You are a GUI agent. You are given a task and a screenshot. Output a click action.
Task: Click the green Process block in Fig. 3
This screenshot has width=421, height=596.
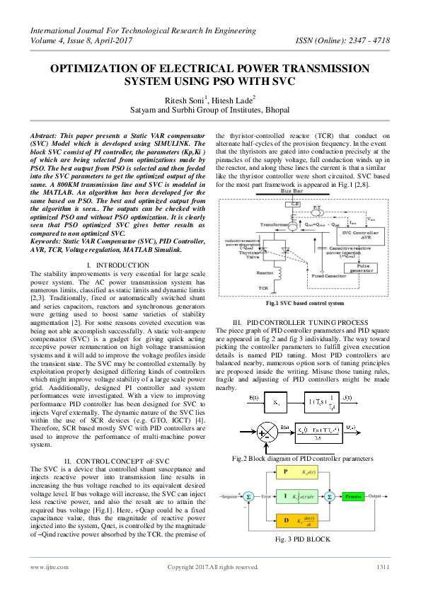(x=353, y=497)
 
